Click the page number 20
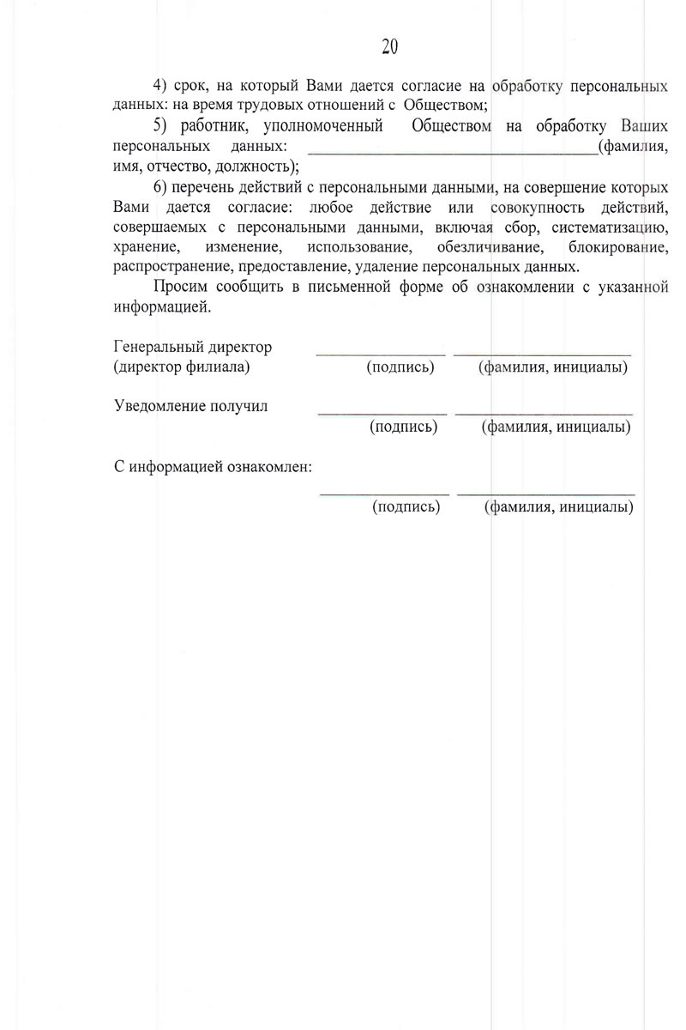coord(388,46)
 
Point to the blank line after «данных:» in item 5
coord(452,146)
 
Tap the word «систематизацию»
coord(611,227)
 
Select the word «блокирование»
coord(612,246)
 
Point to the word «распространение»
coord(174,265)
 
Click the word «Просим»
coord(180,287)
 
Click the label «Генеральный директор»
coord(192,347)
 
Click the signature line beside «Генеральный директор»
coord(381,353)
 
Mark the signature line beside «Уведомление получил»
coord(382,413)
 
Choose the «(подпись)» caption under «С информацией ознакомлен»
coord(406,507)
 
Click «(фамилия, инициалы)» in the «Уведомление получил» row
coord(557,426)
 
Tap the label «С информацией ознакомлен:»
coord(213,469)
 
